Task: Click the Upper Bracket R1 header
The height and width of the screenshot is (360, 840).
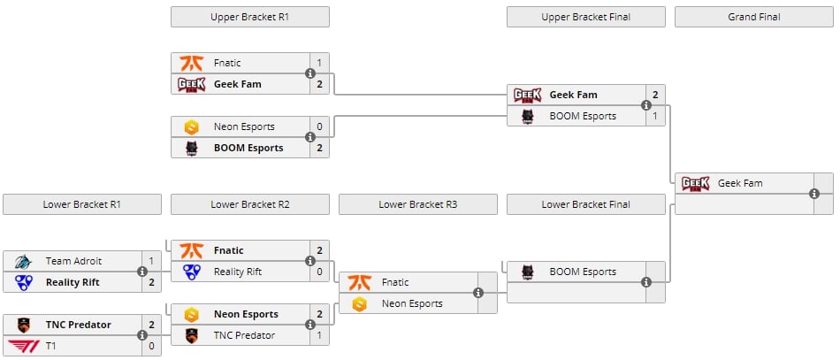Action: point(249,17)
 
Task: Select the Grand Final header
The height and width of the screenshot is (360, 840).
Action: point(753,17)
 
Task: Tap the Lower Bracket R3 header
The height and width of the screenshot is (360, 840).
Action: point(417,204)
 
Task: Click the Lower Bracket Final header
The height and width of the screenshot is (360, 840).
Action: point(585,204)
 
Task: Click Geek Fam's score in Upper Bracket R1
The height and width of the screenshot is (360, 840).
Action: point(319,84)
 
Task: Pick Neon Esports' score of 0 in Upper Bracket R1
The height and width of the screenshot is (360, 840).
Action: point(319,126)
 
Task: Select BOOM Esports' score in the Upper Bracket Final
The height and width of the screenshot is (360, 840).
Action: point(655,116)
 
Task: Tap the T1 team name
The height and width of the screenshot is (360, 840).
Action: point(51,346)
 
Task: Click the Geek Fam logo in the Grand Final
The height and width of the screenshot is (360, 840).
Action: point(694,183)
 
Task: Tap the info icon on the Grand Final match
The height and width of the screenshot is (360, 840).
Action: point(814,194)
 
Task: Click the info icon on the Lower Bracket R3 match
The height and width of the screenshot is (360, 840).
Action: point(478,293)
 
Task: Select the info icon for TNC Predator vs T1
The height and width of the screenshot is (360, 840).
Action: point(142,335)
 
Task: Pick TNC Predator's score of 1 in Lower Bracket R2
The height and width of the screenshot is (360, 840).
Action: point(319,335)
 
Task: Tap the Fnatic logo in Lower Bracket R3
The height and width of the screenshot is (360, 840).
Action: point(358,282)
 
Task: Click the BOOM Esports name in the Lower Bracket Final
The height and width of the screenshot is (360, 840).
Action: point(583,272)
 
